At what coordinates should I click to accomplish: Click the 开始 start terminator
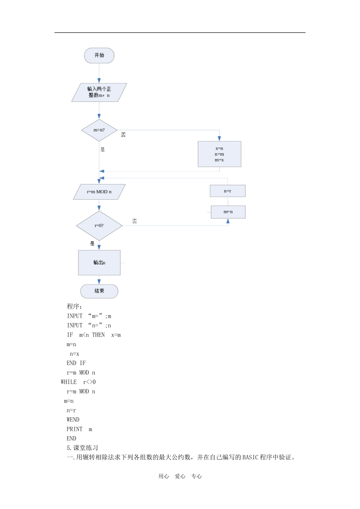99,55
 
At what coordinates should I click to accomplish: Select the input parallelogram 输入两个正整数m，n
99,92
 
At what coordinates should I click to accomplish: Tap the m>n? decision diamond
99,130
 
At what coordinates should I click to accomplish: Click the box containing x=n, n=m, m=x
219,154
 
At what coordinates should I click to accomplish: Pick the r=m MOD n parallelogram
99,192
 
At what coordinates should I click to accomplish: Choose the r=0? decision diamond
99,226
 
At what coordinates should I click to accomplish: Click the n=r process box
228,191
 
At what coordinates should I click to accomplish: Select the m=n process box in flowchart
228,212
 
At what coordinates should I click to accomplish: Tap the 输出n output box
99,263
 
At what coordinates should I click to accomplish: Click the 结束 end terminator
99,291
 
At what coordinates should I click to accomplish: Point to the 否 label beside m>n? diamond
123,135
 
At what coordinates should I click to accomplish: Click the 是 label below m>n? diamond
103,150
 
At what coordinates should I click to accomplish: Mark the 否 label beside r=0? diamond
135,221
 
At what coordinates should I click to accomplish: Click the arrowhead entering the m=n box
228,221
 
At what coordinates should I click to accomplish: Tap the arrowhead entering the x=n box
219,139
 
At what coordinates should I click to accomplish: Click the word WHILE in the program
69,382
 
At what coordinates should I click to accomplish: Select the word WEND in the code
73,420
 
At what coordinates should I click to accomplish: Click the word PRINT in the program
74,429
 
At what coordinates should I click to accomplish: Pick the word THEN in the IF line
99,335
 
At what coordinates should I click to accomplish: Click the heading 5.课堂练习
82,448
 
